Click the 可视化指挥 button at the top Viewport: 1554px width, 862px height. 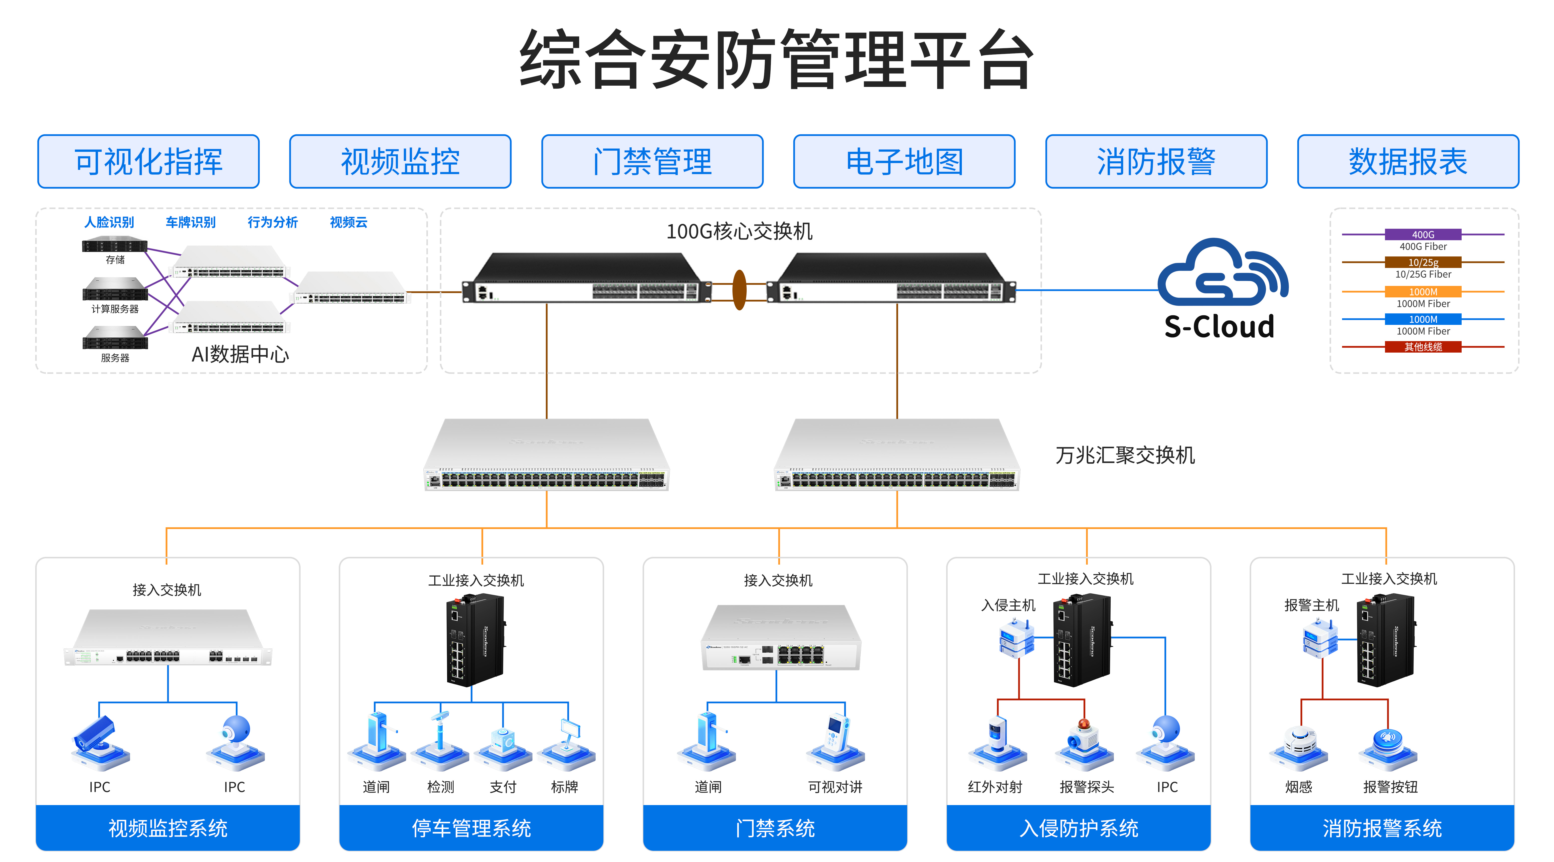pyautogui.click(x=148, y=162)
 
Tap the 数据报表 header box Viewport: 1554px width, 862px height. pyautogui.click(x=1408, y=162)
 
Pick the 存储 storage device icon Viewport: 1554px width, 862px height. pyautogui.click(x=115, y=245)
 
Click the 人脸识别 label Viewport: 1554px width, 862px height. pyautogui.click(x=109, y=222)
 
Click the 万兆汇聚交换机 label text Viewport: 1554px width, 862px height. pyautogui.click(x=1124, y=455)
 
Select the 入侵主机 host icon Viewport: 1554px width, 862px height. pyautogui.click(x=1017, y=640)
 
